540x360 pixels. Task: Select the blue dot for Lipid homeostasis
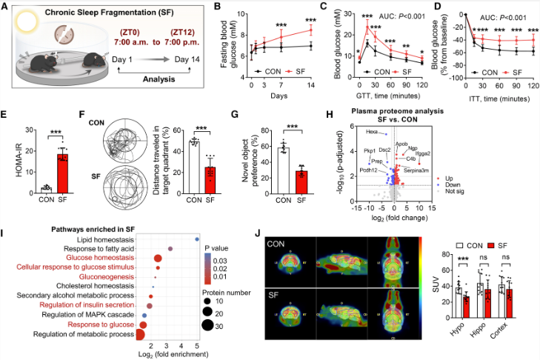(196, 239)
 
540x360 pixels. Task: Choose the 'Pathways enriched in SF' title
(86, 228)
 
